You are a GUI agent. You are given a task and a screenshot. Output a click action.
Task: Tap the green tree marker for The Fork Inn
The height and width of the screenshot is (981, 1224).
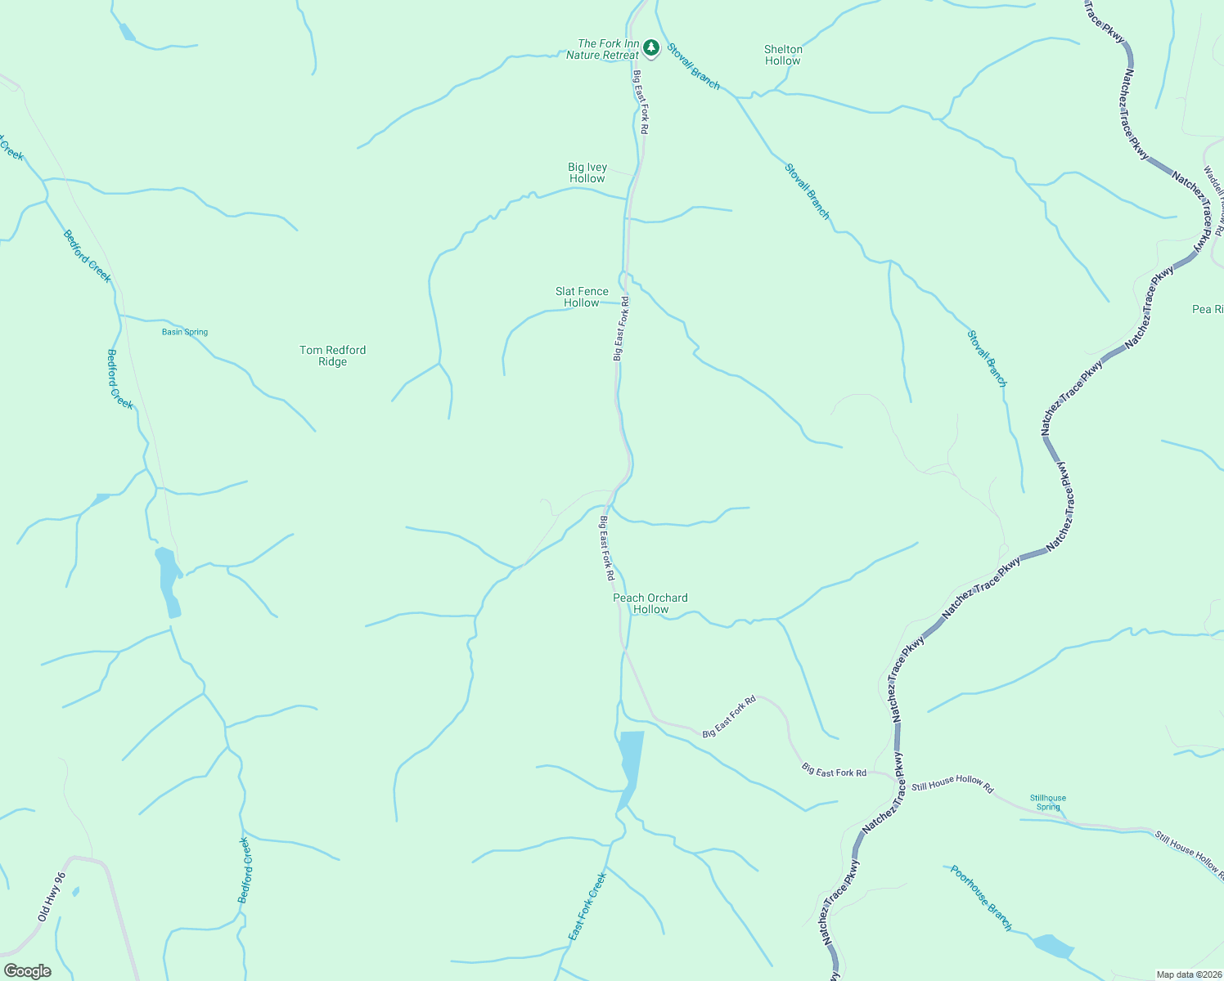point(650,48)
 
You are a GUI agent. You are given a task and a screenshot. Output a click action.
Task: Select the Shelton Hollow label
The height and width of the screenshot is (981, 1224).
point(783,55)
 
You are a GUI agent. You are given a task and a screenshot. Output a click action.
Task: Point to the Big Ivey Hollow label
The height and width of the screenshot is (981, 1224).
point(587,172)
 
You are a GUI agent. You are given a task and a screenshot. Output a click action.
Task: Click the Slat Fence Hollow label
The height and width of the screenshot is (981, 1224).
point(582,297)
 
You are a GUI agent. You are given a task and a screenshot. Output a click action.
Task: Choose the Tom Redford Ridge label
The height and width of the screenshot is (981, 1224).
point(332,356)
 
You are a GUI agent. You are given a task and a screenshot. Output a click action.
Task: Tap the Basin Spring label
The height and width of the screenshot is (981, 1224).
point(185,332)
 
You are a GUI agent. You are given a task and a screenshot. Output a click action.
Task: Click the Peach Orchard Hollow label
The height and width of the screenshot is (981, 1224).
point(650,603)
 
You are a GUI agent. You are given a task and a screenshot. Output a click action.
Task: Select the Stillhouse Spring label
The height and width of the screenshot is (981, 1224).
point(1048,802)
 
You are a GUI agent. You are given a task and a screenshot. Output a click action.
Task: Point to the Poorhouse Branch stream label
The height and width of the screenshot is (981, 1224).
point(981,898)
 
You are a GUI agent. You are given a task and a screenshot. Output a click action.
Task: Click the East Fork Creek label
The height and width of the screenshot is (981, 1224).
point(587,906)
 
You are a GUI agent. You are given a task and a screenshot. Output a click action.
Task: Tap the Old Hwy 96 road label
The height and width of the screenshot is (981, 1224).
point(51,898)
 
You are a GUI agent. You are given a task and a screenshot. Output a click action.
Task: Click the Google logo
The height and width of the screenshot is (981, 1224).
point(28,971)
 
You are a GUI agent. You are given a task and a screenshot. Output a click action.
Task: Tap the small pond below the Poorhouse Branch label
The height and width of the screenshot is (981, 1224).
point(1052,946)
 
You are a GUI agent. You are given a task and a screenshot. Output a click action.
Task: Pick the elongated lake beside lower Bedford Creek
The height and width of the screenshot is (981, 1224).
point(169,580)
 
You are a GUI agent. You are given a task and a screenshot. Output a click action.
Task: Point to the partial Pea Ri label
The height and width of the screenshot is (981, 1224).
point(1208,309)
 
